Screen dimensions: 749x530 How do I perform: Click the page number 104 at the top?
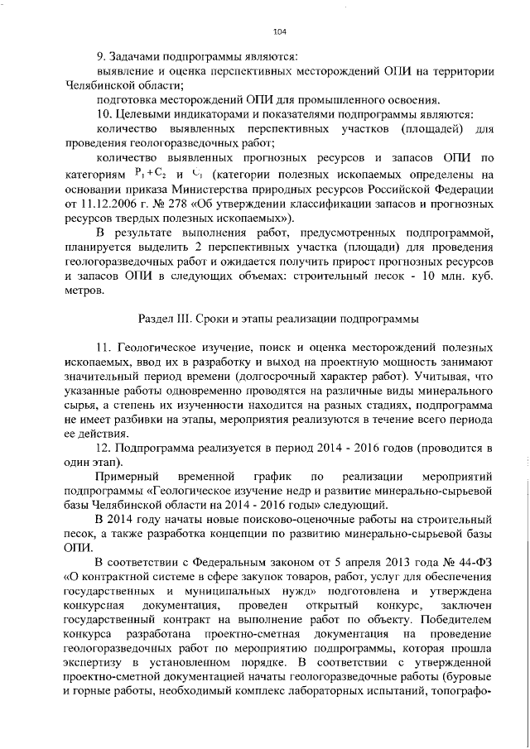[x=279, y=31]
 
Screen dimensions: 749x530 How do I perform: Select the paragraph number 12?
[x=104, y=448]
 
